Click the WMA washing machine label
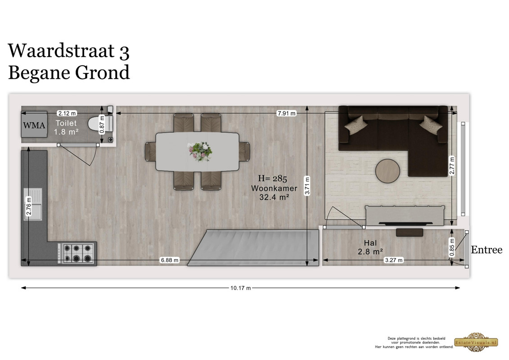(x=34, y=125)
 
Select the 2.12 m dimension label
(x=67, y=113)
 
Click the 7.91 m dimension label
(x=286, y=113)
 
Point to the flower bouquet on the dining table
(x=200, y=151)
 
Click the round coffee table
(x=387, y=171)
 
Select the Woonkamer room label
(x=274, y=188)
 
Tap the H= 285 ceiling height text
(x=272, y=178)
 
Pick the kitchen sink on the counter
(x=33, y=204)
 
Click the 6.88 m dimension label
(x=170, y=260)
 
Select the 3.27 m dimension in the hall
(x=393, y=260)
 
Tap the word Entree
(x=486, y=250)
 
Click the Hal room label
(x=370, y=243)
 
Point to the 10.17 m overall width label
(x=240, y=288)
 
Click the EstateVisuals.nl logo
(x=476, y=342)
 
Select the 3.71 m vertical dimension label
(x=307, y=186)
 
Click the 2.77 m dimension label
(x=452, y=165)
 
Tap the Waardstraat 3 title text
(x=68, y=51)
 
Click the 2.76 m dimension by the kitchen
(x=28, y=206)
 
